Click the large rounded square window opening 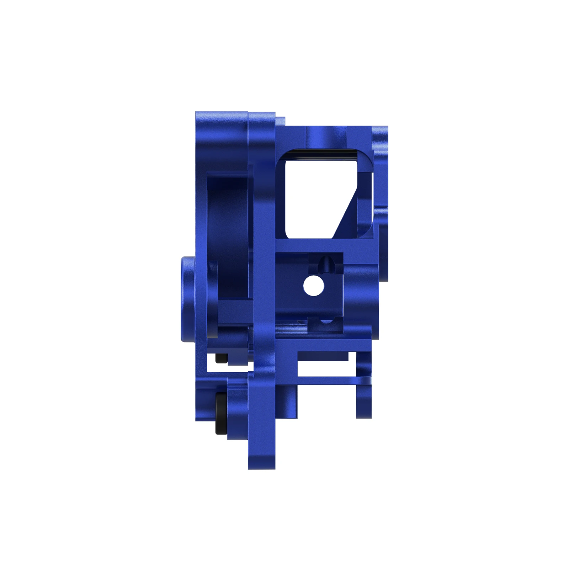click(x=313, y=196)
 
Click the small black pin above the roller click(x=220, y=358)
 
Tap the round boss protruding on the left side click(x=188, y=299)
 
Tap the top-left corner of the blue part click(x=198, y=114)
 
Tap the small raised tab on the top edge click(x=280, y=121)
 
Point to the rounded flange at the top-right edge click(x=380, y=135)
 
